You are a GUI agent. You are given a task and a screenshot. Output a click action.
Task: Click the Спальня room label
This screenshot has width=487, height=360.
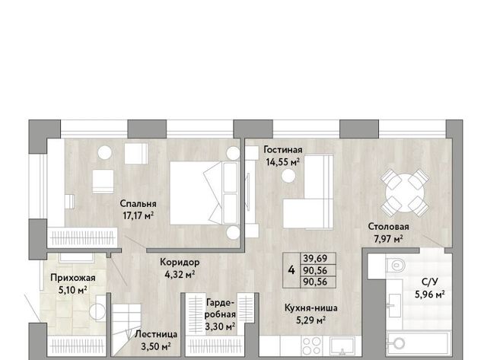point(138,204)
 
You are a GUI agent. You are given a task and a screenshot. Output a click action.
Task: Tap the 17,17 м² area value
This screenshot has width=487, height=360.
point(138,215)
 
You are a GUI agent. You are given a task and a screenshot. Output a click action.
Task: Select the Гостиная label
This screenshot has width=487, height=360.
point(282,150)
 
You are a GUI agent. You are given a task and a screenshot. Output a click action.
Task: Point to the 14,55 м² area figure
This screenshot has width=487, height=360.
point(282,162)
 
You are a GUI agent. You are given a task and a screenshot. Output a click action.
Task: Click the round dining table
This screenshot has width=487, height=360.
point(405,193)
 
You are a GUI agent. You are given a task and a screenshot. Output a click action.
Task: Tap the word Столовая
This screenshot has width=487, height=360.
point(388,227)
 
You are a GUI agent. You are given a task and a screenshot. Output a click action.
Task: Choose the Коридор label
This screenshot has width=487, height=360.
point(180,263)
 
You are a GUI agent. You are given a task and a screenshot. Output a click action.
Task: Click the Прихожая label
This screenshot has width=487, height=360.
point(73,278)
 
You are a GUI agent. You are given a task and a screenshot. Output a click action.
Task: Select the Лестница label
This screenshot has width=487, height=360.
point(156,334)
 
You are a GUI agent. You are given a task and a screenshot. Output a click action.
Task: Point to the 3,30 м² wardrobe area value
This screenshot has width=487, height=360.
point(220,327)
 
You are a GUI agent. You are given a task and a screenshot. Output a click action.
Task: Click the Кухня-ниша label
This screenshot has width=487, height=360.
point(311,307)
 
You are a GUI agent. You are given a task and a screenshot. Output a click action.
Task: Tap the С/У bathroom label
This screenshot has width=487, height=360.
point(430,282)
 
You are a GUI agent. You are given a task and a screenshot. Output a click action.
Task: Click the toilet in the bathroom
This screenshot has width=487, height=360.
point(395,265)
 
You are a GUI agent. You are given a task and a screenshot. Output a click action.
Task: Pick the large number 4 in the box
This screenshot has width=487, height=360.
point(291,270)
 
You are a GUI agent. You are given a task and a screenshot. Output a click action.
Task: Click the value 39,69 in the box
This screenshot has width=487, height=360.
point(315,259)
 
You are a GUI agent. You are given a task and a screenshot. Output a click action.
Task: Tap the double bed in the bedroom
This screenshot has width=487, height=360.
point(205,193)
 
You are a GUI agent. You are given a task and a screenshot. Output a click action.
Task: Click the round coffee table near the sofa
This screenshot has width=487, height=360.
point(288,176)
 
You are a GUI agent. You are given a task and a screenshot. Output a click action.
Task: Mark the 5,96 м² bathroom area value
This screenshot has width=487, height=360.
point(430,294)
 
